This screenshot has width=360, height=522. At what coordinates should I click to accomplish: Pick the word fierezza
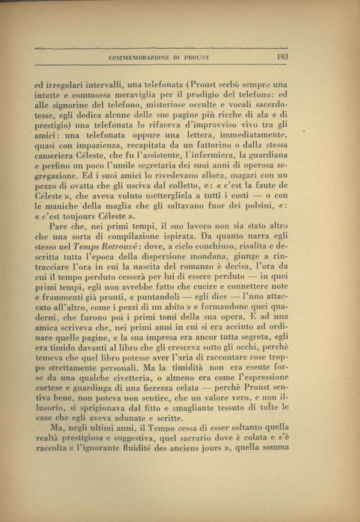155,387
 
